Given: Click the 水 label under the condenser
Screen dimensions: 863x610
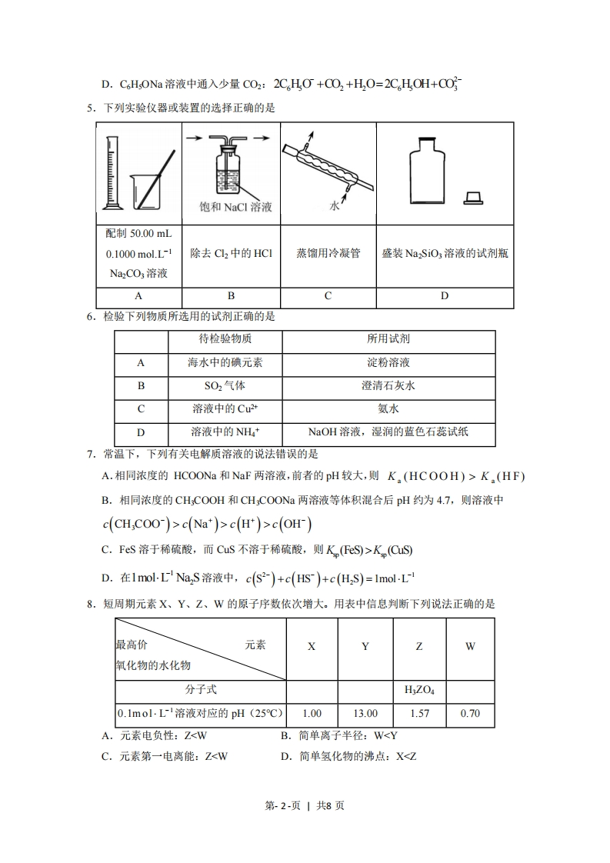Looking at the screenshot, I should pyautogui.click(x=334, y=206).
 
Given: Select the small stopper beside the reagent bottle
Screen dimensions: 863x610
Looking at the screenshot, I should pyautogui.click(x=473, y=198).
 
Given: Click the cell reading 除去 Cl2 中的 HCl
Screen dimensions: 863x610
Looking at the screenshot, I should pyautogui.click(x=231, y=253).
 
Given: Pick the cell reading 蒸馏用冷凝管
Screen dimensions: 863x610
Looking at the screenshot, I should pyautogui.click(x=328, y=253).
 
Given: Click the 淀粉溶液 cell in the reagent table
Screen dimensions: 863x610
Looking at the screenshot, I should pyautogui.click(x=388, y=362).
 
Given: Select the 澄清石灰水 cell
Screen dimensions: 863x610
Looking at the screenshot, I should pyautogui.click(x=388, y=385).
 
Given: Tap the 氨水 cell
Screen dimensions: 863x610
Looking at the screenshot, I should pyautogui.click(x=388, y=408).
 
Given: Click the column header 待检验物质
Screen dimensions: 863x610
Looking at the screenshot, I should pyautogui.click(x=225, y=338).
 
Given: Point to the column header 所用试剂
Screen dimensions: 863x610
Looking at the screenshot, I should pyautogui.click(x=388, y=338).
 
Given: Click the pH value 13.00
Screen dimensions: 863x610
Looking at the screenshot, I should pyautogui.click(x=365, y=713).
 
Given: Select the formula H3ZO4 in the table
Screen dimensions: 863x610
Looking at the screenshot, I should pyautogui.click(x=418, y=690).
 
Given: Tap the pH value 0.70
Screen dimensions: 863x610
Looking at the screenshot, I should pyautogui.click(x=470, y=713).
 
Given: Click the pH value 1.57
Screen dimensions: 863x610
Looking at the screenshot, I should pyautogui.click(x=418, y=713).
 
